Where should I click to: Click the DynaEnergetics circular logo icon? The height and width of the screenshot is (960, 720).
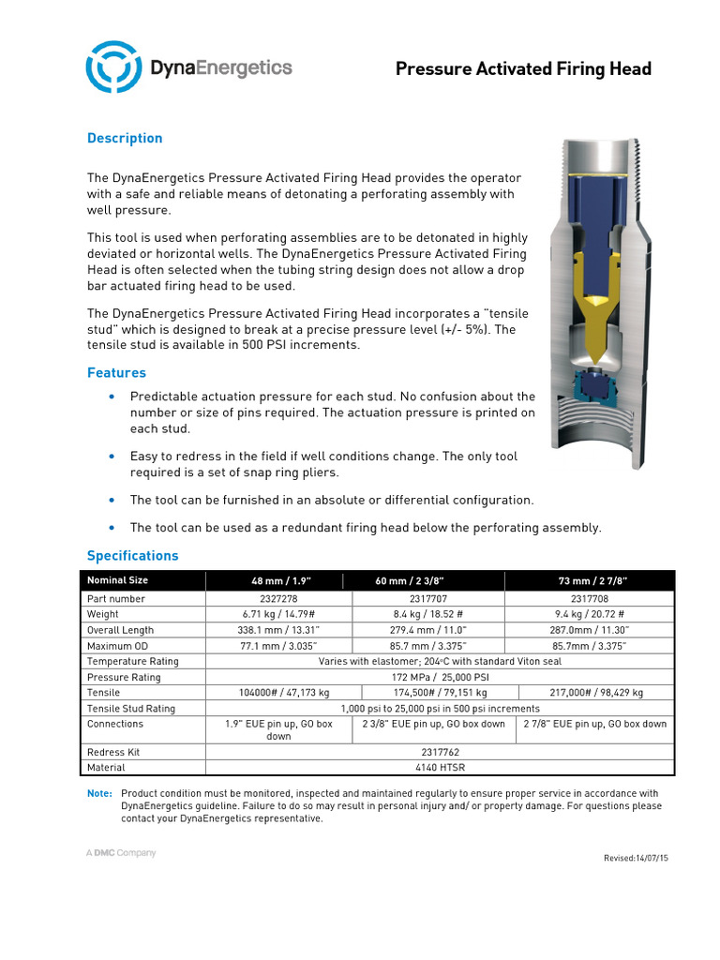112,67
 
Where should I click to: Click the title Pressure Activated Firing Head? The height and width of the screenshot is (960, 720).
522,68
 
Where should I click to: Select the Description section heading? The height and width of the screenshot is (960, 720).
125,138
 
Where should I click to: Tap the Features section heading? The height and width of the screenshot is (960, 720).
116,372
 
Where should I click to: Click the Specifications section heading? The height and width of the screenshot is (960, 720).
132,555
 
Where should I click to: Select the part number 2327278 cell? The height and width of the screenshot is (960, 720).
279,598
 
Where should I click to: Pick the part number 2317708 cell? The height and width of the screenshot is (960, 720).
589,598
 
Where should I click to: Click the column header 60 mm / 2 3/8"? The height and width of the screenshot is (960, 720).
409,581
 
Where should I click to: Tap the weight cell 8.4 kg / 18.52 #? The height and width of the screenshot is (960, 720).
427,614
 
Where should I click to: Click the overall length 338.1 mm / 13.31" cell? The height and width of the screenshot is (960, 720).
279,630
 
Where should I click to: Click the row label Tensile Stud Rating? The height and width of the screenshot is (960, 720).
130,709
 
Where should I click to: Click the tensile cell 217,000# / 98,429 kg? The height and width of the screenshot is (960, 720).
589,693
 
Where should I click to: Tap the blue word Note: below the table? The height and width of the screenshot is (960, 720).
99,793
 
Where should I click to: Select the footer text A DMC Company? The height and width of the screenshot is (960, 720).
122,853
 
